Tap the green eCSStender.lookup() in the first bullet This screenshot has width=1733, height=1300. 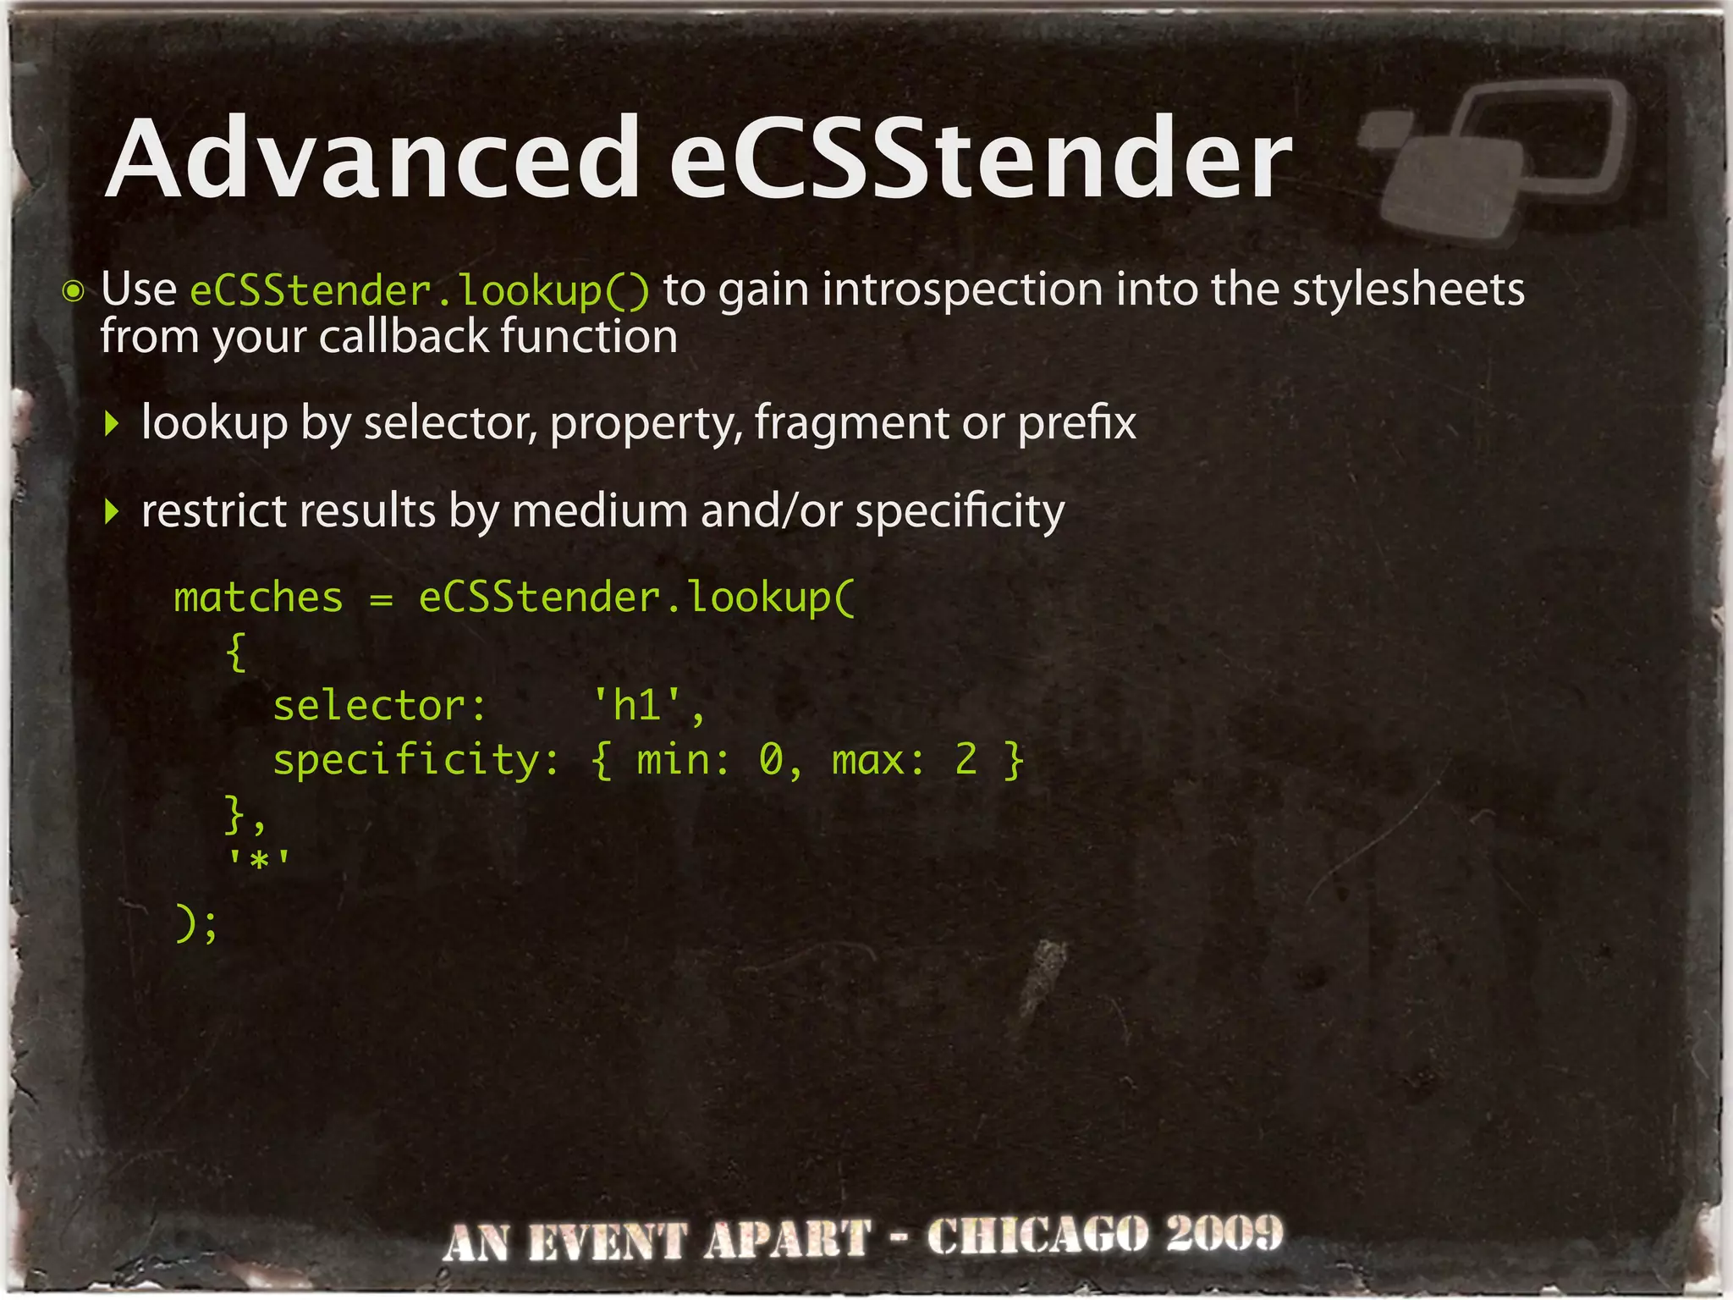pos(420,291)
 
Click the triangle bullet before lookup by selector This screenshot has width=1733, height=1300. pos(111,423)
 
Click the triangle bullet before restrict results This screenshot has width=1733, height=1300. pos(111,511)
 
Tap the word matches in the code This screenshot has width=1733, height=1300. pos(258,598)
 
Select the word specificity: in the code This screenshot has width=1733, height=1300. pos(415,759)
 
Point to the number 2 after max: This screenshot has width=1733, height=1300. pos(966,759)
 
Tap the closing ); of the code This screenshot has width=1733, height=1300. pos(196,923)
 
